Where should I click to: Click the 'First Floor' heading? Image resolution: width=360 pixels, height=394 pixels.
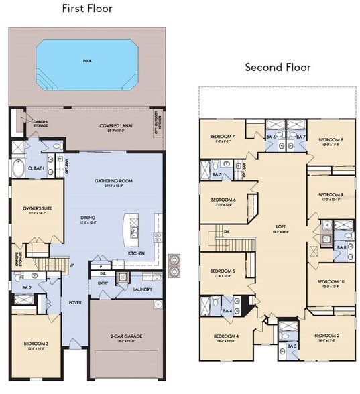(87, 9)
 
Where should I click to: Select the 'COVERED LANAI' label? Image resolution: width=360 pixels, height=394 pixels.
(115, 126)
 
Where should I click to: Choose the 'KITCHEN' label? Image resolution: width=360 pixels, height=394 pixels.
(137, 253)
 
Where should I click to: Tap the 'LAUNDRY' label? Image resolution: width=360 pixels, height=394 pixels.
(143, 290)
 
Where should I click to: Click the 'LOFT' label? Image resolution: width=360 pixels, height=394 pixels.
(280, 226)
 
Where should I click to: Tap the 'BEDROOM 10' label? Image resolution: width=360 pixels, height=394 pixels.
(333, 282)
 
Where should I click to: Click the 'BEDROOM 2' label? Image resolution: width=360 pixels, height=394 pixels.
(328, 335)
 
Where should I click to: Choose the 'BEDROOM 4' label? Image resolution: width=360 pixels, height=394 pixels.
(225, 336)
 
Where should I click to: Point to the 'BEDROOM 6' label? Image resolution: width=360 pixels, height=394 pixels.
(223, 200)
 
